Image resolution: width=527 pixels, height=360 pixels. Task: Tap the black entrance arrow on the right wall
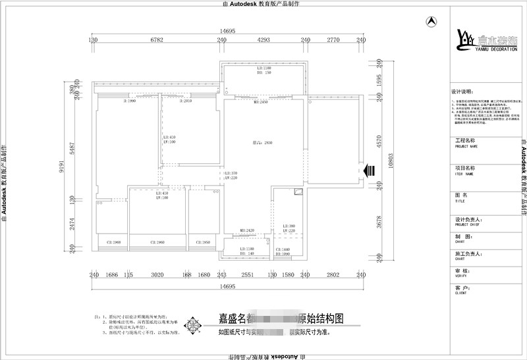[370, 170]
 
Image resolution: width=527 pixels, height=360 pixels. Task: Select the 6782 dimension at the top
[157, 40]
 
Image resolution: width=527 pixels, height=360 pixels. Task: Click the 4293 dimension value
[263, 40]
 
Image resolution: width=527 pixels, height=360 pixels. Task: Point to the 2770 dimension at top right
[333, 40]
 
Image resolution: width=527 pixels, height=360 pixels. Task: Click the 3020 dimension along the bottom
[157, 275]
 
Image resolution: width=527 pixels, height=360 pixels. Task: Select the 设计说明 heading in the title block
[462, 91]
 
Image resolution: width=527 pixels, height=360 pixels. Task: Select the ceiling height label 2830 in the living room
[263, 142]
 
